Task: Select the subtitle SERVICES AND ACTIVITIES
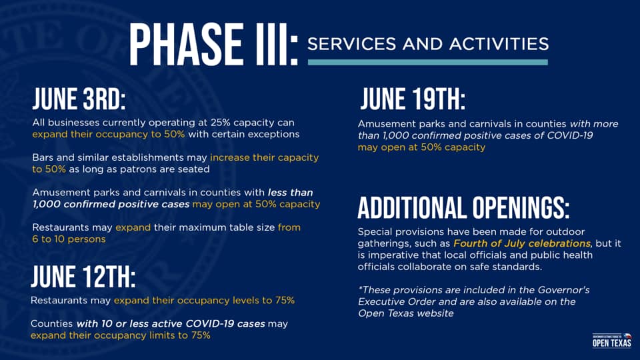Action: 427,44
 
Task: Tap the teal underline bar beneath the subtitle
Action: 427,62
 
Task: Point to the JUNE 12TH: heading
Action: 83,277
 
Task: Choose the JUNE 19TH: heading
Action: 413,100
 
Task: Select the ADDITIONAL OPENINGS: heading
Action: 463,208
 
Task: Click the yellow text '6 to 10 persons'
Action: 69,239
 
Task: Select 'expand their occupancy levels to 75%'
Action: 204,300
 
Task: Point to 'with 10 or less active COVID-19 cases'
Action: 171,323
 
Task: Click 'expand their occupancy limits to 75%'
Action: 120,335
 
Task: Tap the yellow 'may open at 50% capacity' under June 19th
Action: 421,147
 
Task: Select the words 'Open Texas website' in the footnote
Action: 405,313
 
